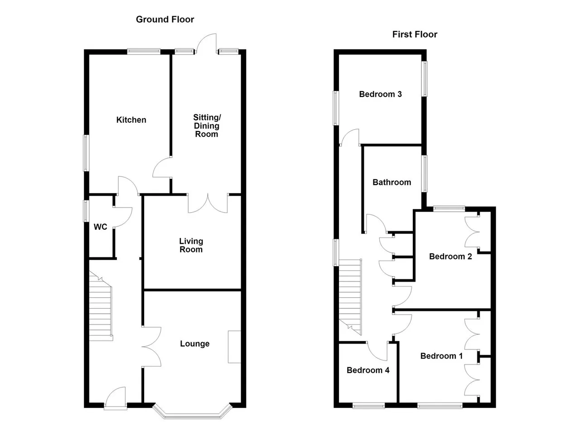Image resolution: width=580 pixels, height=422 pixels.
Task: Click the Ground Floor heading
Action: (165, 19)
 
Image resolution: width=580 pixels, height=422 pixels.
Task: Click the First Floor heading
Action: (415, 34)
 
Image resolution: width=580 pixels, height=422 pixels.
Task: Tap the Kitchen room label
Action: (131, 120)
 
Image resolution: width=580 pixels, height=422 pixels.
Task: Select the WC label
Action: (101, 227)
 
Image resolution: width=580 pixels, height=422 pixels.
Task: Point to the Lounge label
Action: (195, 344)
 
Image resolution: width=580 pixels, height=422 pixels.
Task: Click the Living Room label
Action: (191, 245)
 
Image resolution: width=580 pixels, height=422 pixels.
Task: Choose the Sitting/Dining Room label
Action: (207, 126)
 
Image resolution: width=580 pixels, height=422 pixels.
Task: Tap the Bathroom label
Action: (392, 182)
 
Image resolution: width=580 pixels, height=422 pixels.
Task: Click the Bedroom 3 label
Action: (380, 94)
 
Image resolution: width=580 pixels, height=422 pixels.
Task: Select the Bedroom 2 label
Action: (450, 257)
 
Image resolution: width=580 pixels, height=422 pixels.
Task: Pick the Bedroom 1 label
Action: (441, 356)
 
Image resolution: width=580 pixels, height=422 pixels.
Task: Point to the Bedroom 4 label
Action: (368, 370)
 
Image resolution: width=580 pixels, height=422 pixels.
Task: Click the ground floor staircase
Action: (101, 306)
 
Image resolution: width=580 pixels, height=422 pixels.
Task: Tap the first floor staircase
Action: (350, 297)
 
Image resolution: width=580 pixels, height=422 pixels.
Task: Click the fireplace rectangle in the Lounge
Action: (234, 347)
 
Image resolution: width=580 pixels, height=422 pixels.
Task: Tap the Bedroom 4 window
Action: (369, 406)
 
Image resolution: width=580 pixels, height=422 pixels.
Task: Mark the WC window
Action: (86, 211)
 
